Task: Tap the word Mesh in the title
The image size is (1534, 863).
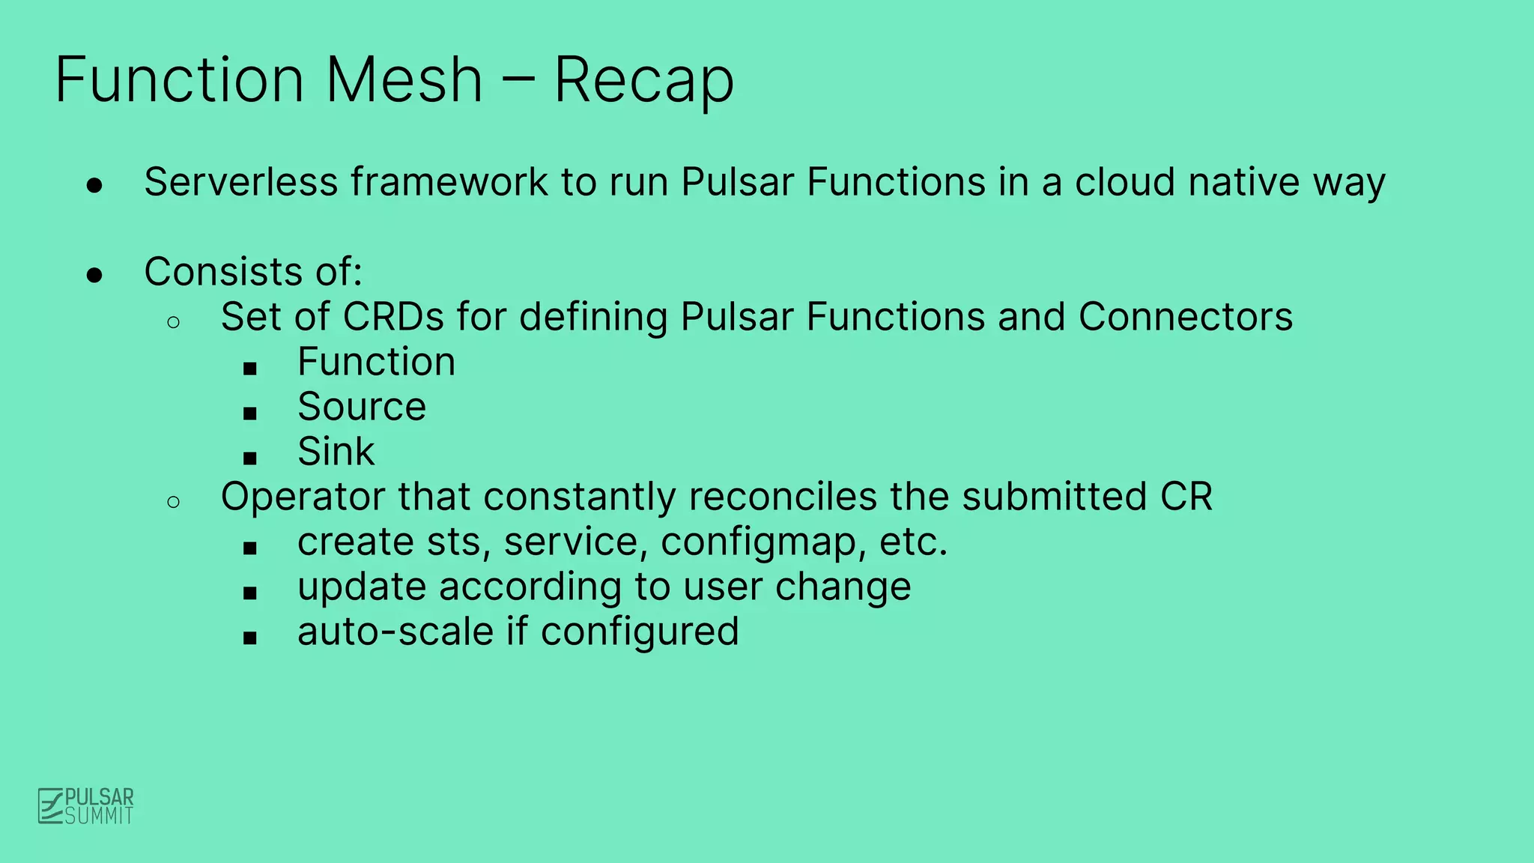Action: (404, 80)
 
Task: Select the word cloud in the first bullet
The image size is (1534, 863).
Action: (1124, 182)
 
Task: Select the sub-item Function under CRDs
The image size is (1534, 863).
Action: (376, 362)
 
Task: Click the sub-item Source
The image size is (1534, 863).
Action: (362, 407)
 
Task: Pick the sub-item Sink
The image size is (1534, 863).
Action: (336, 452)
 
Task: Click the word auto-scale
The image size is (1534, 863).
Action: (395, 632)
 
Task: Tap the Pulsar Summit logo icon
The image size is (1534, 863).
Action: (51, 806)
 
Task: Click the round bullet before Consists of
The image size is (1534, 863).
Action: (94, 276)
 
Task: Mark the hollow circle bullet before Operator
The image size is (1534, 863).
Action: (174, 502)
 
